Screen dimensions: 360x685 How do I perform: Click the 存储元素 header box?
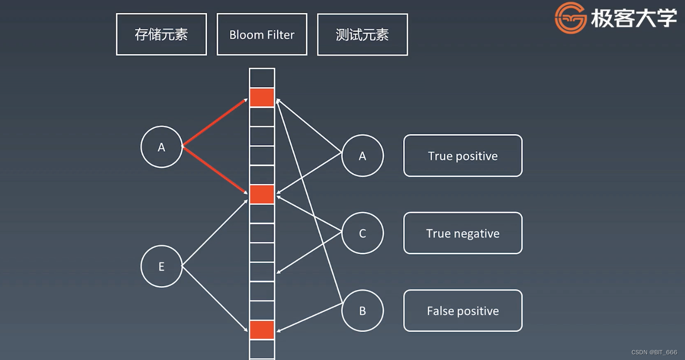[x=161, y=34]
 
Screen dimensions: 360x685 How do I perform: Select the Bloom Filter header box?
[x=262, y=34]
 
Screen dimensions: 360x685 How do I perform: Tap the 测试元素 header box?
[x=362, y=34]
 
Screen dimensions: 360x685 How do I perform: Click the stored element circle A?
[x=162, y=147]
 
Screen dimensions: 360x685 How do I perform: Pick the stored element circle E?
[x=162, y=266]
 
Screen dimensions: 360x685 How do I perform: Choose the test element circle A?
[x=362, y=156]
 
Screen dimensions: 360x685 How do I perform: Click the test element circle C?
[x=362, y=233]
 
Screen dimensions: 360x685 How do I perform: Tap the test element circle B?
[x=362, y=311]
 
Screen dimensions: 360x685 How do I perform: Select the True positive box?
[x=462, y=156]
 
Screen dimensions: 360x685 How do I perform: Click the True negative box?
[x=462, y=233]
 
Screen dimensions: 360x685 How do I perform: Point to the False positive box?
[x=462, y=311]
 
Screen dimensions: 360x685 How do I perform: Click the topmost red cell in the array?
[x=262, y=98]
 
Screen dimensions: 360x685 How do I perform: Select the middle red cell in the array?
[x=262, y=195]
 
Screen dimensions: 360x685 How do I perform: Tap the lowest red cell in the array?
[x=262, y=330]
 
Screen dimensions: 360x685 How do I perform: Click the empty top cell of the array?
[x=262, y=78]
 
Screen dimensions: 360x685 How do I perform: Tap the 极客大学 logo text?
[x=634, y=19]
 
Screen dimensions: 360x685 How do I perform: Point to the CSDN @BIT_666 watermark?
[x=654, y=352]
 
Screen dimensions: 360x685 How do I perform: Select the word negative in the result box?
[x=478, y=234]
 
